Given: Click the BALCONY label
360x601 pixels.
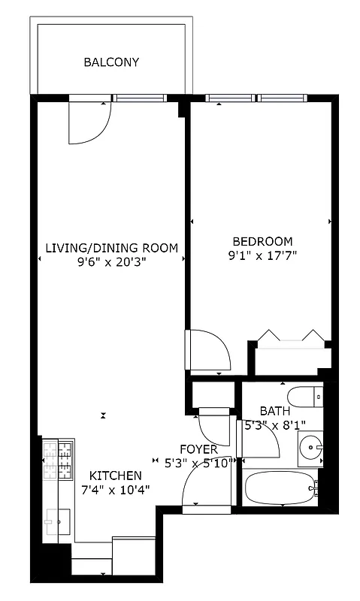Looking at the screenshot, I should [111, 62].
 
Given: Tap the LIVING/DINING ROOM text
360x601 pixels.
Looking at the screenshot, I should [111, 248].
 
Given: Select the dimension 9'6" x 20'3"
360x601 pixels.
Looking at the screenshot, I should [111, 263].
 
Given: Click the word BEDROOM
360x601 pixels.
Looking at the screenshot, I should [262, 241].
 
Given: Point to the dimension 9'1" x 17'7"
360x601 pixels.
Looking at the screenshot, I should [262, 255].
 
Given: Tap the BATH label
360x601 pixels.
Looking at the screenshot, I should [274, 411].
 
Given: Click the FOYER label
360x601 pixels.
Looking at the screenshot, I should [199, 449].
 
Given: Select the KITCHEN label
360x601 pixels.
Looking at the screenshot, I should [116, 476].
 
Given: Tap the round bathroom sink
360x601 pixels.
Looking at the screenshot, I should [310, 448].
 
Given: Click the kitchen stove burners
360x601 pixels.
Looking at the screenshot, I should [59, 460].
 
